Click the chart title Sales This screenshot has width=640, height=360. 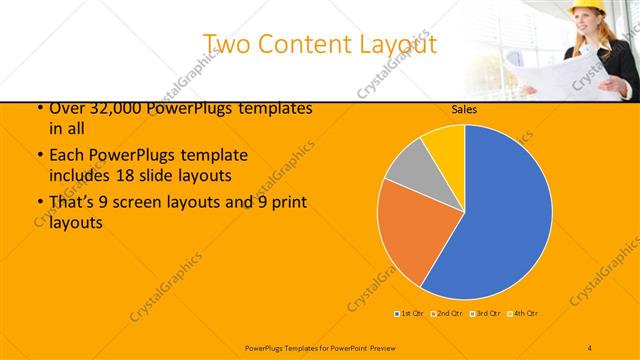(463, 109)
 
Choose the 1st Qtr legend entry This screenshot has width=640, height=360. (410, 314)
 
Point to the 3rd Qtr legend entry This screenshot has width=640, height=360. (485, 314)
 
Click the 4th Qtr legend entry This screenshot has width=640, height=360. (524, 314)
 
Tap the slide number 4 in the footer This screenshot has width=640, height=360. (590, 346)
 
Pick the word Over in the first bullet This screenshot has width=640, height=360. (66, 108)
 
